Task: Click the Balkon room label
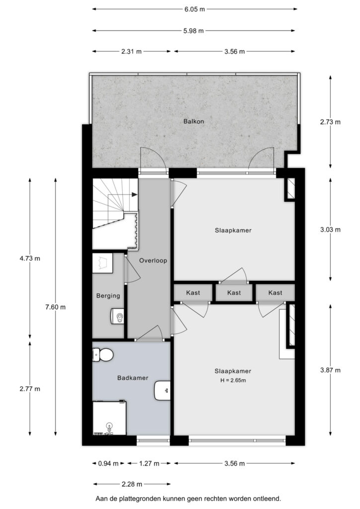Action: point(193,121)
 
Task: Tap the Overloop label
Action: point(153,260)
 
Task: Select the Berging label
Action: point(108,296)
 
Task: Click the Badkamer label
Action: point(132,378)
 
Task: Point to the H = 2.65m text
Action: point(233,380)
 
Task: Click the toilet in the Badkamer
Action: point(102,355)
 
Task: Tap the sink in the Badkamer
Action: point(162,391)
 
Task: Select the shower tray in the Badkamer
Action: point(109,418)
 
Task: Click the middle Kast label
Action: point(234,293)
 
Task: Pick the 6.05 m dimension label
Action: point(194,9)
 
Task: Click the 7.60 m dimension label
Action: point(56,307)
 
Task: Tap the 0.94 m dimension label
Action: point(108,464)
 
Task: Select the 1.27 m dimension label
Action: point(149,464)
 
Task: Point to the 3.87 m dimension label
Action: point(331,370)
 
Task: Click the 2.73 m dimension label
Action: point(331,122)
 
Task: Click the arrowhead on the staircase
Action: point(134,194)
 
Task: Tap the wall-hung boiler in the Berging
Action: point(118,316)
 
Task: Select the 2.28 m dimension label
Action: point(132,484)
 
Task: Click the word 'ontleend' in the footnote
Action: point(268,498)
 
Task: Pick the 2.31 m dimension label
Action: point(131,51)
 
